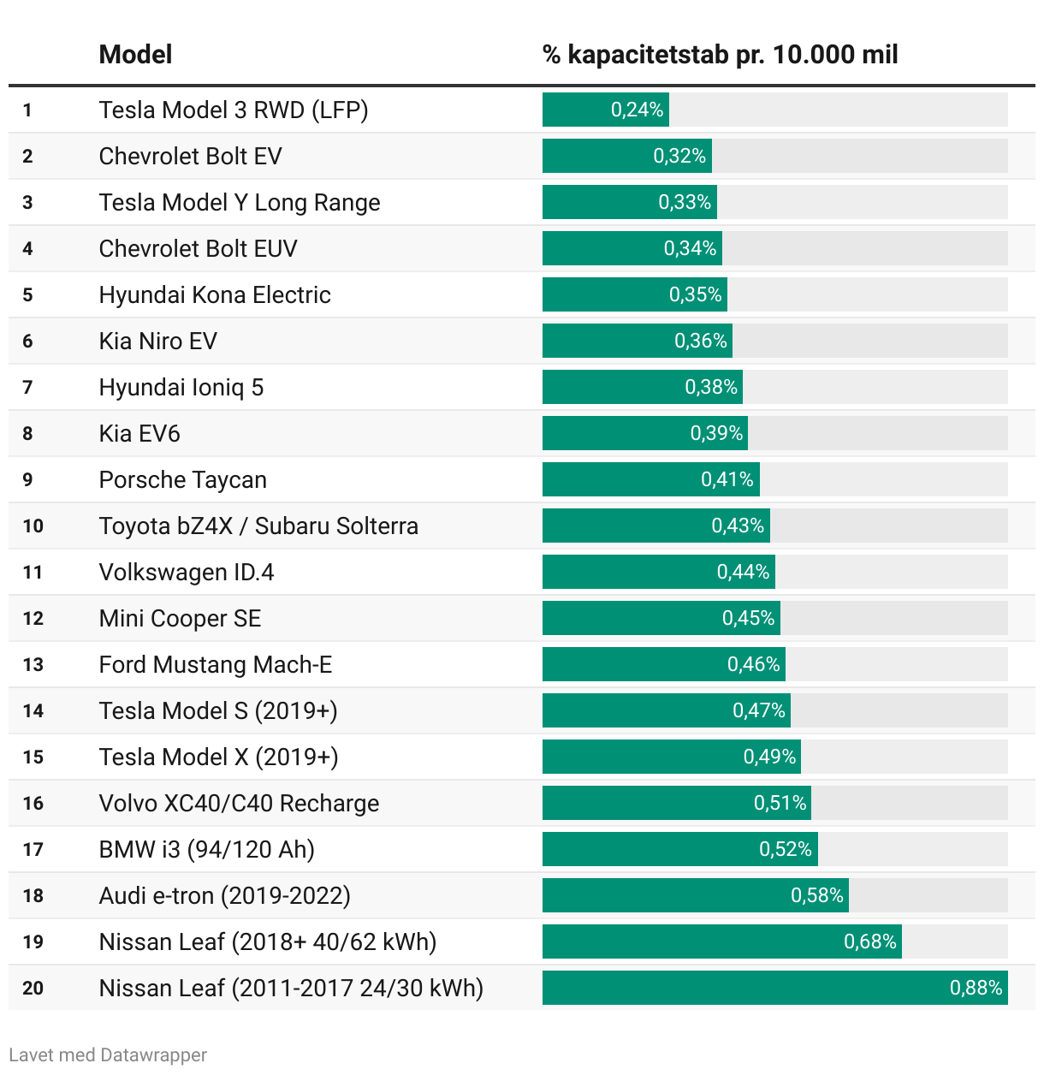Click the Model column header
coord(135,55)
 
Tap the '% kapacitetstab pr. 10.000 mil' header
coord(720,55)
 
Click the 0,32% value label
coord(679,156)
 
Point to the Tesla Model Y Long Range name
coord(240,202)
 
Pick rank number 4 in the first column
coord(28,249)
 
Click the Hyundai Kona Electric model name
coord(215,294)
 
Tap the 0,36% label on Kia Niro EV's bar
coord(701,341)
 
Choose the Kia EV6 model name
coord(139,433)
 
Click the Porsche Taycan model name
coord(183,479)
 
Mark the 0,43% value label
coord(738,526)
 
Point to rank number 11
coord(33,573)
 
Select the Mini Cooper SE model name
coord(180,618)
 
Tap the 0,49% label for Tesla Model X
coord(769,757)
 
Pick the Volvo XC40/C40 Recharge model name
coord(239,803)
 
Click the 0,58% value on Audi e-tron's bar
coord(817,895)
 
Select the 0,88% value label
coord(976,988)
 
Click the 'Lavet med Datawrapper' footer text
coord(108,1054)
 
